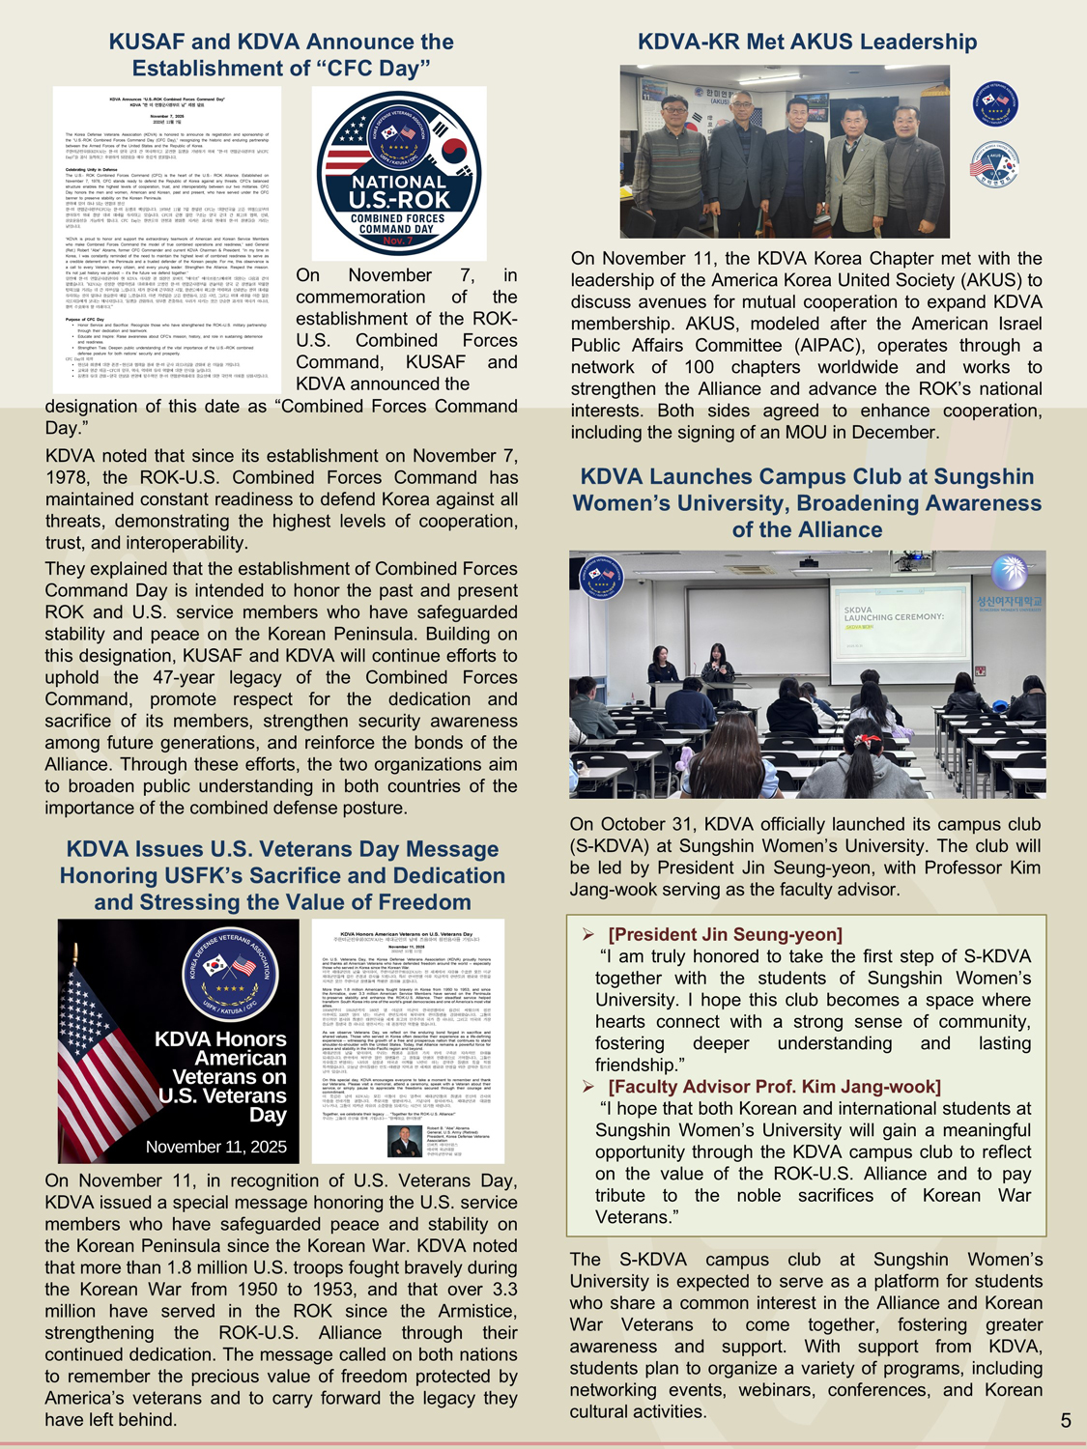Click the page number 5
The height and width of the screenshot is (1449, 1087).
click(1066, 1420)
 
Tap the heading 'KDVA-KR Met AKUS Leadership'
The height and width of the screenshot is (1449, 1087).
click(807, 42)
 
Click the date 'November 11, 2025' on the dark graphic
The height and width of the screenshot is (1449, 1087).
click(215, 1147)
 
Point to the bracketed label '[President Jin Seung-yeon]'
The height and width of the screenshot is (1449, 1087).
click(725, 934)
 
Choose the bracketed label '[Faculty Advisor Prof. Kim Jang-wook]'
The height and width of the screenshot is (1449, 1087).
click(774, 1087)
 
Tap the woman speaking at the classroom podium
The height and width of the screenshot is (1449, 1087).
click(717, 668)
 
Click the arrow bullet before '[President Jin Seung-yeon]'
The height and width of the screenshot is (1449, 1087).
click(587, 934)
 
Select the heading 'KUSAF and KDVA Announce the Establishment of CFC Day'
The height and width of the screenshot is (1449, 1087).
click(280, 55)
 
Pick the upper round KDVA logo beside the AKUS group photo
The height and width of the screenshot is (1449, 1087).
click(994, 103)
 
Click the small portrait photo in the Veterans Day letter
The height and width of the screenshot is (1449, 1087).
click(404, 1141)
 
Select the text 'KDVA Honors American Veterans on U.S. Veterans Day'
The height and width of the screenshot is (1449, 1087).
click(221, 1076)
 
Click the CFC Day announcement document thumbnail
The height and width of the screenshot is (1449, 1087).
click(166, 240)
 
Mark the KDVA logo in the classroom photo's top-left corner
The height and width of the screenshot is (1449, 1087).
click(600, 578)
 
